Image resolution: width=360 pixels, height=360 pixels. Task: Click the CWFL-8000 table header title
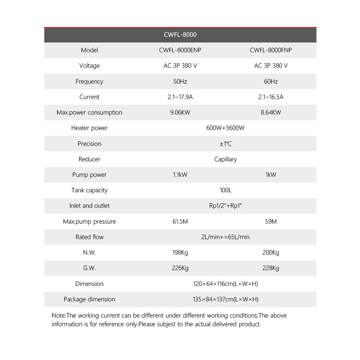[180, 35]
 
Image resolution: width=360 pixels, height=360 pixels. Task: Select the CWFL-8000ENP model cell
[180, 50]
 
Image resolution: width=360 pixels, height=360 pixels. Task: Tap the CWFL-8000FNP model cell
[271, 50]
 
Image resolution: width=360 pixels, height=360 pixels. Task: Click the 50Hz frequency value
[180, 81]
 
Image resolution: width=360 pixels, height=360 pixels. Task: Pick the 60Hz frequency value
[271, 81]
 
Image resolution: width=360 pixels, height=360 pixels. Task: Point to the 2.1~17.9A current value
[180, 97]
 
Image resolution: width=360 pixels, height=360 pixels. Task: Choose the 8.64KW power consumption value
[271, 112]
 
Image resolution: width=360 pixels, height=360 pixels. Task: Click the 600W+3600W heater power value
[225, 128]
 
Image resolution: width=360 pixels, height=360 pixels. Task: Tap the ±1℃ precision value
[225, 144]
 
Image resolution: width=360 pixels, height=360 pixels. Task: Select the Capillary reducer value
[225, 159]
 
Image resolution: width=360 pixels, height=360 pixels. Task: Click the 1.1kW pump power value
[180, 175]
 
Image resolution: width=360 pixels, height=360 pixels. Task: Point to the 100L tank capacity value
[225, 190]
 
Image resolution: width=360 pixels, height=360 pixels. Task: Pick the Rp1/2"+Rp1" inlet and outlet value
[225, 206]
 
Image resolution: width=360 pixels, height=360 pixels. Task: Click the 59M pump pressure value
[271, 221]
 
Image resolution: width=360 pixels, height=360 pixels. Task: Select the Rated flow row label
[89, 237]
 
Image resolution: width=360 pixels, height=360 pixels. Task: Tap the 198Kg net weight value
[180, 252]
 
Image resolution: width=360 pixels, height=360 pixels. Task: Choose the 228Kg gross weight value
[271, 268]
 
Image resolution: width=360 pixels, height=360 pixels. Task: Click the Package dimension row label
[89, 299]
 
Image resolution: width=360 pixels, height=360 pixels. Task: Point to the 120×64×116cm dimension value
[225, 284]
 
